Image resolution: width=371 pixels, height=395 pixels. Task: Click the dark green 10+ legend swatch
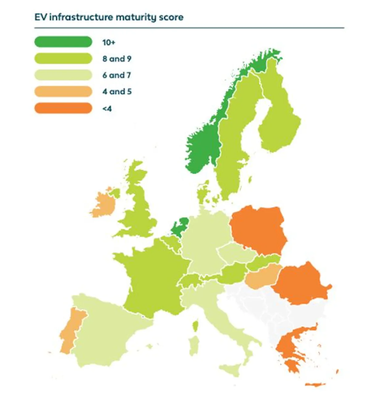[63, 42]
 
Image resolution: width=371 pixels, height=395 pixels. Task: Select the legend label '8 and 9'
[117, 59]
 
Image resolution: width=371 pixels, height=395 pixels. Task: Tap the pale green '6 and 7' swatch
[63, 75]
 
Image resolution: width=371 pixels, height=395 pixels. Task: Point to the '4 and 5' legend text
[117, 92]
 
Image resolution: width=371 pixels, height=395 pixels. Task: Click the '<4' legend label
[107, 108]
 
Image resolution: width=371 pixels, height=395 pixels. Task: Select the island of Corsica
[195, 325]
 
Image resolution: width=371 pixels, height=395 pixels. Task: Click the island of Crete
[315, 384]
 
